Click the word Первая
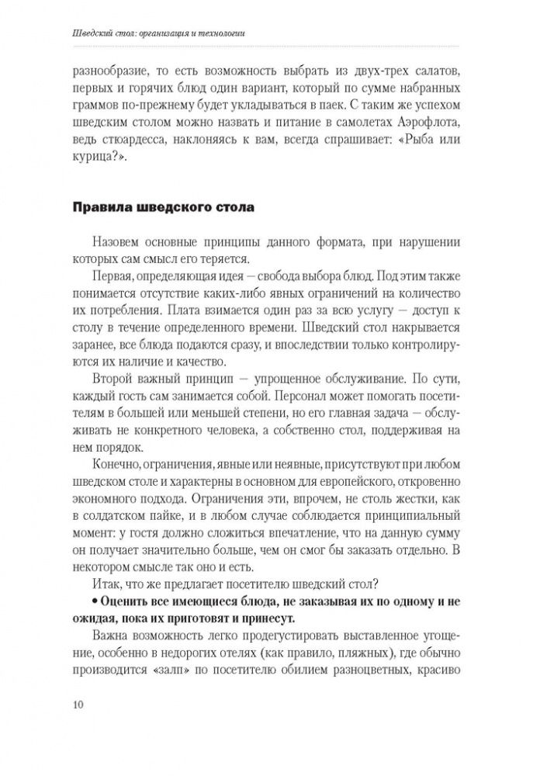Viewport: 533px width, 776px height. [x=112, y=276]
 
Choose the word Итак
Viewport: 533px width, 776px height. [x=106, y=587]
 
